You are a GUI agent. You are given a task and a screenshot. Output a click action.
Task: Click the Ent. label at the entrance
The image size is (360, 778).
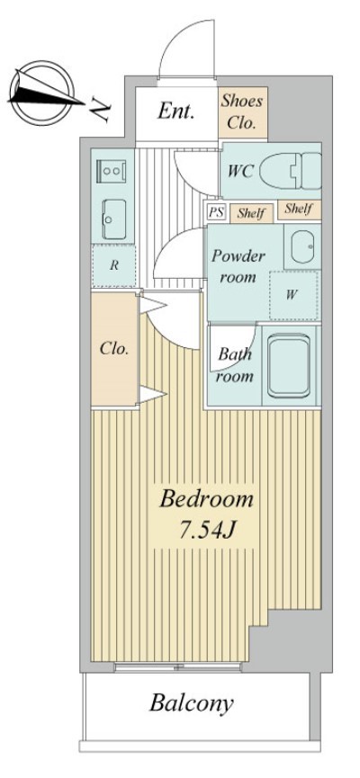[x=175, y=112]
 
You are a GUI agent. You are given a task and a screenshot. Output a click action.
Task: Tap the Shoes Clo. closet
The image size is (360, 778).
[x=242, y=112]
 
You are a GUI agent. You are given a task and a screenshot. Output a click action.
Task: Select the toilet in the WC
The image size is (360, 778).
[x=291, y=171]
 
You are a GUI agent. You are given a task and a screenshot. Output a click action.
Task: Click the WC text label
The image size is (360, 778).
[x=241, y=171]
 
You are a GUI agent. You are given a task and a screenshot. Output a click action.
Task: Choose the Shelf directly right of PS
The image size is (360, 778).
[x=251, y=213]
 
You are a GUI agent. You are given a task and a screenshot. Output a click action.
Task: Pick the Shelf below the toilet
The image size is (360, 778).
[x=299, y=210]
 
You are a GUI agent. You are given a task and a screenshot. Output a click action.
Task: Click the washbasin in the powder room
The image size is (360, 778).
[x=303, y=246]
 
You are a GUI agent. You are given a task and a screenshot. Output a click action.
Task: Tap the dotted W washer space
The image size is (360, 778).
[x=294, y=295]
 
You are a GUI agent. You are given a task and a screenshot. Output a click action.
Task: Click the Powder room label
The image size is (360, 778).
[x=238, y=266]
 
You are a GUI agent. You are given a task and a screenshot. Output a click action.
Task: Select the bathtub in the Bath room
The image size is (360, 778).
[x=289, y=366]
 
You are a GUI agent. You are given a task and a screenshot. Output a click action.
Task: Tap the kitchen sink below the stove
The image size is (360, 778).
[x=114, y=219]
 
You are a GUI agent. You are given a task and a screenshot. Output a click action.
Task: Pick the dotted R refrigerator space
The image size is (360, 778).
[x=114, y=265]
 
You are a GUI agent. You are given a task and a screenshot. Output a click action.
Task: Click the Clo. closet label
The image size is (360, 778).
[x=114, y=348]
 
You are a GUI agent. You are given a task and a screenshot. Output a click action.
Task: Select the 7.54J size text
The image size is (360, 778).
[x=206, y=531]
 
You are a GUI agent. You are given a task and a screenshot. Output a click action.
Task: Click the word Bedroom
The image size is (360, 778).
[x=206, y=498]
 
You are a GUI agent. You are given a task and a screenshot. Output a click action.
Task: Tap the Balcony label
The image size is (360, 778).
[x=192, y=703]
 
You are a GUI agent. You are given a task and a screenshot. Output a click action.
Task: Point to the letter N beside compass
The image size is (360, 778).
[x=102, y=110]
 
